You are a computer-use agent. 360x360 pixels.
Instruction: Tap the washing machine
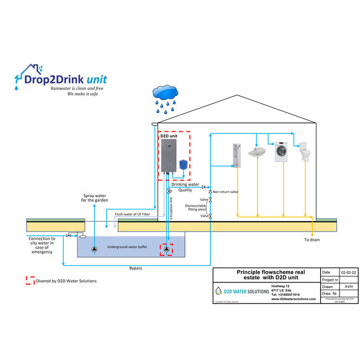pyautogui.click(x=283, y=150)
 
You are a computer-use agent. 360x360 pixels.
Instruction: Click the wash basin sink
pyautogui.click(x=258, y=151)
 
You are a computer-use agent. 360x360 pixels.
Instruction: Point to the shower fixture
pyautogui.click(x=236, y=156)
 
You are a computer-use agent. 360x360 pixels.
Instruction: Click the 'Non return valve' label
pyautogui.click(x=225, y=192)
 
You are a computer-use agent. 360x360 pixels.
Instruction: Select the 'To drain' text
pyautogui.click(x=312, y=240)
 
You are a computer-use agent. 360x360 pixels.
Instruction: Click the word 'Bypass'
pyautogui.click(x=135, y=268)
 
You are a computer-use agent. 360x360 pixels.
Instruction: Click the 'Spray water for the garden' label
pyautogui.click(x=95, y=198)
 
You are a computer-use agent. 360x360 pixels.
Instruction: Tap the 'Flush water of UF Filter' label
pyautogui.click(x=132, y=214)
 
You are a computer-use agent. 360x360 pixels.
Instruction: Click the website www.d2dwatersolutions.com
pyautogui.click(x=294, y=299)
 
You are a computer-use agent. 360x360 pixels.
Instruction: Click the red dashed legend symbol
pyautogui.click(x=30, y=281)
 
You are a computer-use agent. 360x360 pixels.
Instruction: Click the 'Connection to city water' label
pyautogui.click(x=42, y=245)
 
